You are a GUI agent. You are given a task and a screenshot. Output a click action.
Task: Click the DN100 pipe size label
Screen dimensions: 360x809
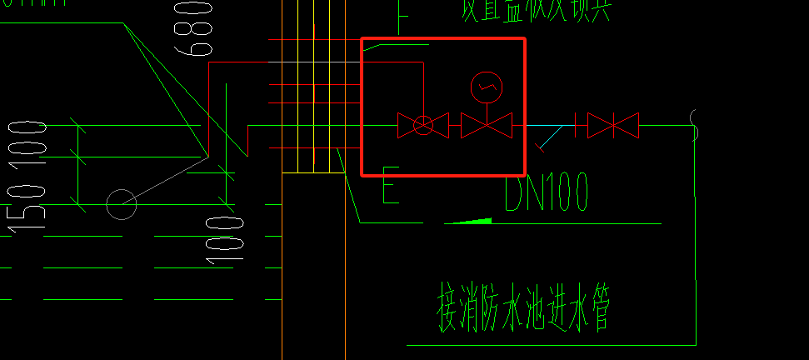(x=547, y=192)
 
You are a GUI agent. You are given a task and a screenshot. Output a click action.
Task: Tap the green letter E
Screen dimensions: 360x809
(x=390, y=185)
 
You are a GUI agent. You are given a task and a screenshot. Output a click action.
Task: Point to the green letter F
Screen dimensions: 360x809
(x=403, y=15)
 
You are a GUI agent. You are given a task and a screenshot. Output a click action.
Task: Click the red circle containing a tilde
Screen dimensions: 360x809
(x=487, y=86)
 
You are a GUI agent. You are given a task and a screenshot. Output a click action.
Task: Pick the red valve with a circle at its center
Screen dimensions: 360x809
(x=423, y=126)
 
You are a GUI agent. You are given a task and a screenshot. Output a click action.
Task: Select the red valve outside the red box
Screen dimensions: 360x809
(x=613, y=126)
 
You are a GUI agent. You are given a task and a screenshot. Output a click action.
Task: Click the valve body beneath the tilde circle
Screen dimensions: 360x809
(x=487, y=126)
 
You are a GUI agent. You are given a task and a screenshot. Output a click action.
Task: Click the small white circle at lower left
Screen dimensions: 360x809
(x=122, y=203)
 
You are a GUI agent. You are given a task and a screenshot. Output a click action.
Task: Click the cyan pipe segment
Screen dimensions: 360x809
(x=550, y=125)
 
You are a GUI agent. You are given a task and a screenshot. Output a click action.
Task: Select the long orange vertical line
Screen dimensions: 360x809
(x=283, y=250)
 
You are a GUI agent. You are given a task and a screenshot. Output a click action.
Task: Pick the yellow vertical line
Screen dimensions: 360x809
(x=313, y=83)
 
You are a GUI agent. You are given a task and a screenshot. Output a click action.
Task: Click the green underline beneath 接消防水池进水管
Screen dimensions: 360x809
(x=550, y=344)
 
